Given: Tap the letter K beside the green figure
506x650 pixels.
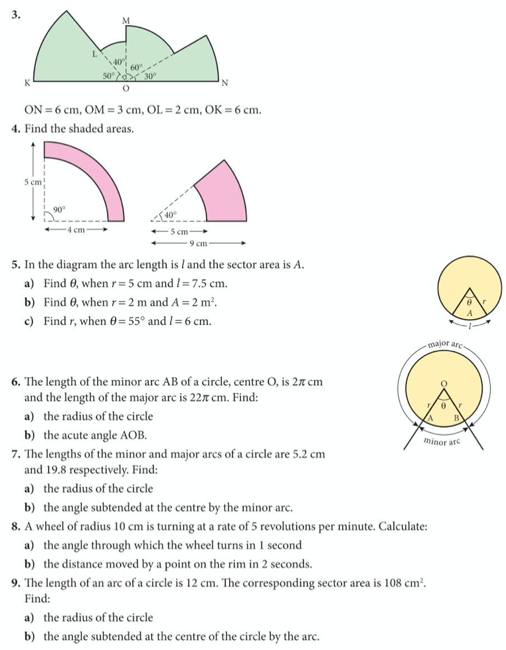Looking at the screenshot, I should (27, 83).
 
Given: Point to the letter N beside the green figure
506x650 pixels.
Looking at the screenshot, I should (224, 83).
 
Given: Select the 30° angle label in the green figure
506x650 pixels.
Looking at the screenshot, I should (150, 76).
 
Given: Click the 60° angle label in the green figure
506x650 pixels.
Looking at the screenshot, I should (137, 67).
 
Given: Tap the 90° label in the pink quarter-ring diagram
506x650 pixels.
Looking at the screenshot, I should (59, 210).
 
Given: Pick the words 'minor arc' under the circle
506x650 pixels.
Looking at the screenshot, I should (444, 440).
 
